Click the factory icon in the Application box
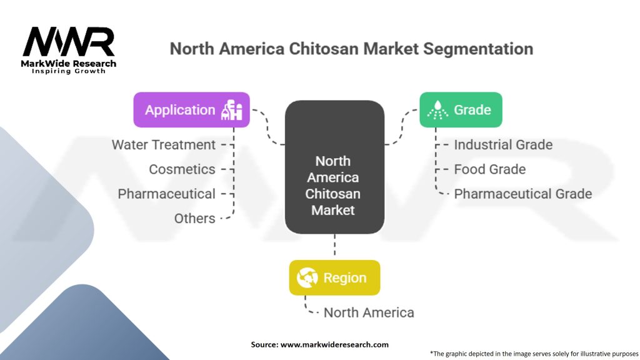[234, 110]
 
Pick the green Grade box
[461, 110]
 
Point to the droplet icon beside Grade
[437, 110]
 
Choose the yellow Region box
[334, 277]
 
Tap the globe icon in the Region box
[307, 277]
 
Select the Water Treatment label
[164, 145]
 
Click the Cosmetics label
[182, 169]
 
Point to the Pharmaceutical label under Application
[167, 194]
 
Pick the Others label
[195, 218]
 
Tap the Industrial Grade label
[503, 145]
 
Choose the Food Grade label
[489, 169]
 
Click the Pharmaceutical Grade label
[522, 194]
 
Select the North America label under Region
[369, 312]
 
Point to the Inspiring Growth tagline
[69, 71]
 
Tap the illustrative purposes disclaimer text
[534, 353]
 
